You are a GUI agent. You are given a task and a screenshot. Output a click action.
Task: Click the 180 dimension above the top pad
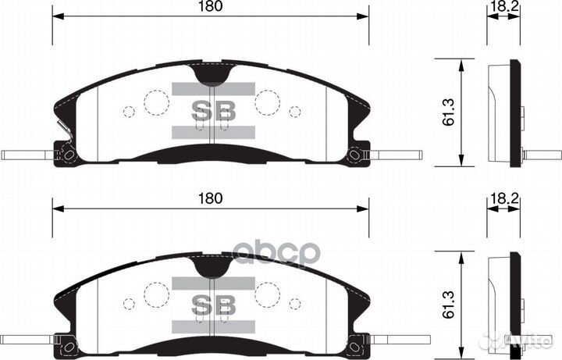[x=211, y=7]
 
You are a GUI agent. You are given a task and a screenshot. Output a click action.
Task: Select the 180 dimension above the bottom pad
[x=211, y=198]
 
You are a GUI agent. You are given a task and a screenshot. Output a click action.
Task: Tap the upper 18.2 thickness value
[x=499, y=7]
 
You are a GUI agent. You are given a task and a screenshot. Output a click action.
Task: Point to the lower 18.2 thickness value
[x=499, y=201]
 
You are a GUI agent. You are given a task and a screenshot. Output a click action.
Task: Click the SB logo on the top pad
[x=214, y=110]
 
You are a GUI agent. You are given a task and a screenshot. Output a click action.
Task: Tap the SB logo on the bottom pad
[x=214, y=302]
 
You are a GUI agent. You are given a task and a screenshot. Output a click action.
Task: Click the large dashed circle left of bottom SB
[x=157, y=294]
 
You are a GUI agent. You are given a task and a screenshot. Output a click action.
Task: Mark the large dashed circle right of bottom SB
[x=269, y=294]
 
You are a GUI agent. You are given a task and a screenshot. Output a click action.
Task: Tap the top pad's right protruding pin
[x=386, y=155]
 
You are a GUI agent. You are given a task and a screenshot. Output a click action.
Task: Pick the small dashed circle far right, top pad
[x=295, y=111]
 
